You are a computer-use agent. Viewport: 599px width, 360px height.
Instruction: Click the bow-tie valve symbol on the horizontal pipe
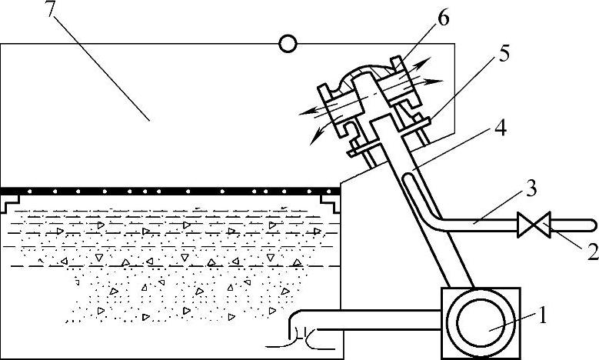(x=534, y=226)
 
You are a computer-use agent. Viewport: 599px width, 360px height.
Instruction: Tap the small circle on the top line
(x=288, y=44)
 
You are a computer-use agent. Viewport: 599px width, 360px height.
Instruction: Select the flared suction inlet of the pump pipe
(x=293, y=333)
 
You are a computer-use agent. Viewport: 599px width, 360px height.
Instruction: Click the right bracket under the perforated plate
(x=331, y=202)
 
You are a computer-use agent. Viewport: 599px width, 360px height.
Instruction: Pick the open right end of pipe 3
(x=592, y=226)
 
